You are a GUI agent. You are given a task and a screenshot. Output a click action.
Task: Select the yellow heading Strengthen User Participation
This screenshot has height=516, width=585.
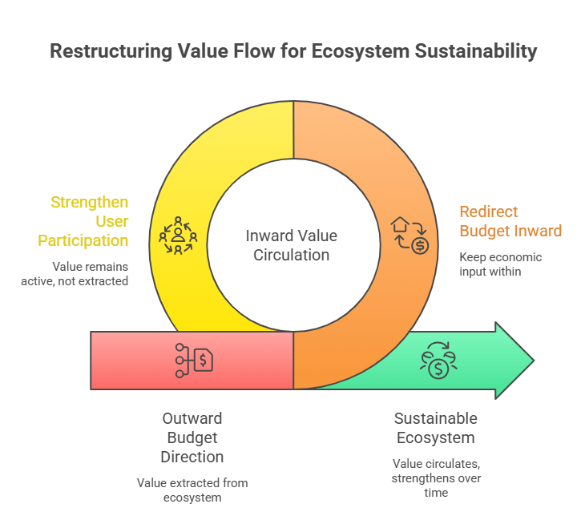tap(89, 221)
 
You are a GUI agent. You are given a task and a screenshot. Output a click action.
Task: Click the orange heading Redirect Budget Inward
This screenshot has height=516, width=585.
tap(510, 221)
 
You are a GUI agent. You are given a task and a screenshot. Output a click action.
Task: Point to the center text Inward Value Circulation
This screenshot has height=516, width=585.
tap(291, 245)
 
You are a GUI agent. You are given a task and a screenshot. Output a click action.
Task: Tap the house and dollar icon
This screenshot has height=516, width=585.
tap(409, 235)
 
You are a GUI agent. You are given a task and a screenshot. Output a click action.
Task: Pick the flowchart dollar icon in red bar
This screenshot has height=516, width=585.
tap(194, 361)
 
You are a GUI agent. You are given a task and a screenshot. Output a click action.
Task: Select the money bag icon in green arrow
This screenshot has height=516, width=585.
tap(438, 360)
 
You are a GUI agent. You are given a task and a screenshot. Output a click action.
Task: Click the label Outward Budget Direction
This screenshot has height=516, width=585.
tap(192, 437)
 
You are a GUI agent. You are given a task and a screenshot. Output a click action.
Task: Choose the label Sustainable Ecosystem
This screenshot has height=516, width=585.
tap(435, 428)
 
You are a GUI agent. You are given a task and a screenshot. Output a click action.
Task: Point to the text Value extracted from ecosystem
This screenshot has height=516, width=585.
tap(192, 489)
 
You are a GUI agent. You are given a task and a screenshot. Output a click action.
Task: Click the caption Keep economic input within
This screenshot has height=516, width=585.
tap(501, 264)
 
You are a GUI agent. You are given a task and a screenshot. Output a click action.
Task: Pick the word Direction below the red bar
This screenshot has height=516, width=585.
tap(192, 457)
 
